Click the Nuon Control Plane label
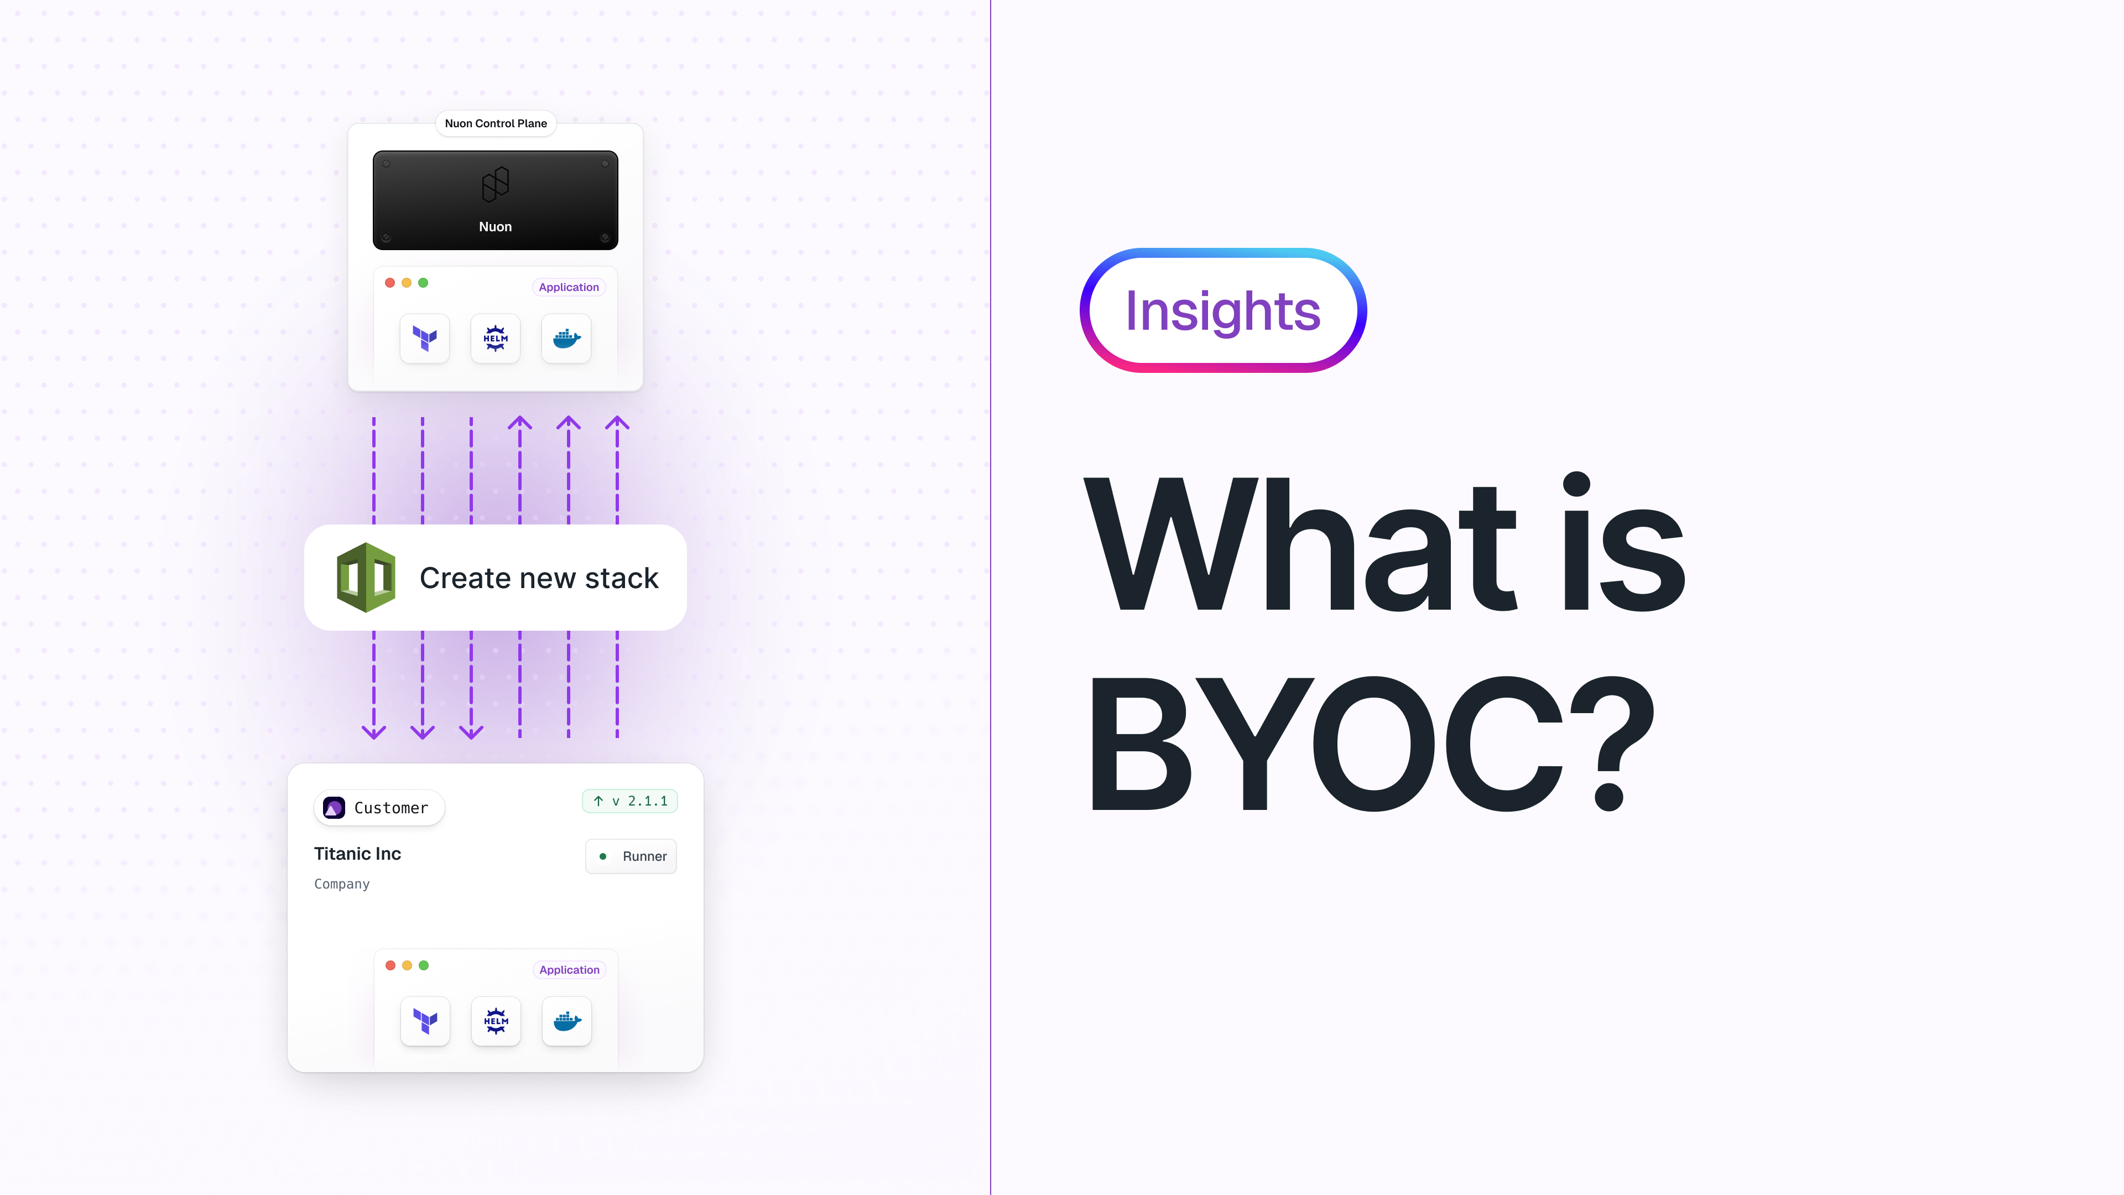(x=496, y=124)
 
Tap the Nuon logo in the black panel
(x=496, y=185)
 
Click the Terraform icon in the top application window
(x=425, y=338)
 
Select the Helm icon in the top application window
(x=496, y=338)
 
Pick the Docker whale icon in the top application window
(x=566, y=338)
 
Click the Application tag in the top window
(x=569, y=287)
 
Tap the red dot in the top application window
(x=390, y=283)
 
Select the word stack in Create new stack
(x=622, y=578)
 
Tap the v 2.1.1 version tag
(x=630, y=801)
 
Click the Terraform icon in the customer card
(x=425, y=1021)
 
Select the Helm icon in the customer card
(x=496, y=1021)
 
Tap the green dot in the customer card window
(x=424, y=966)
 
